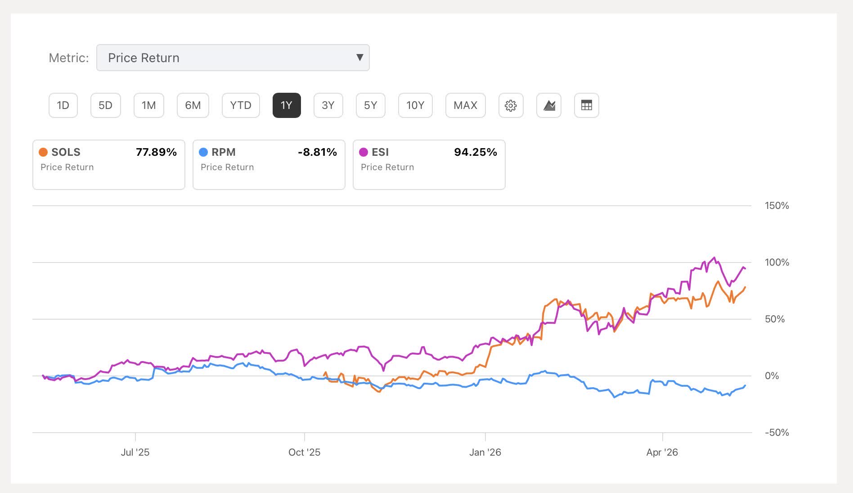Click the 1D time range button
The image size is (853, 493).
click(63, 105)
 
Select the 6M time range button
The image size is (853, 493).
click(193, 105)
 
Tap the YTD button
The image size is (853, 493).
click(241, 105)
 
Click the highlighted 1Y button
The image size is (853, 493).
click(287, 105)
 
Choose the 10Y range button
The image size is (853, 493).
click(415, 105)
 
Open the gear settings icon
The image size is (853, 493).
click(511, 105)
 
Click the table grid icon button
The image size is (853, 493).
click(587, 105)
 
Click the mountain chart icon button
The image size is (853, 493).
click(549, 105)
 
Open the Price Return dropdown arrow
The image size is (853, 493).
click(359, 58)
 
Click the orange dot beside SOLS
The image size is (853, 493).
click(43, 152)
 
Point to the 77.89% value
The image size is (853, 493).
click(156, 152)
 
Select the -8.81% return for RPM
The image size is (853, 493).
click(317, 152)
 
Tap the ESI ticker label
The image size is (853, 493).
click(380, 152)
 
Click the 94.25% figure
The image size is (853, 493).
click(476, 152)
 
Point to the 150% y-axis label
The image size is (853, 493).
click(777, 206)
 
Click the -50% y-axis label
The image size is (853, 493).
click(777, 433)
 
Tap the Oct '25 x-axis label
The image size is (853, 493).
click(305, 452)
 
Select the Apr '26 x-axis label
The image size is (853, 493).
click(662, 452)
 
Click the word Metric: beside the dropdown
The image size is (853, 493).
click(69, 58)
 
